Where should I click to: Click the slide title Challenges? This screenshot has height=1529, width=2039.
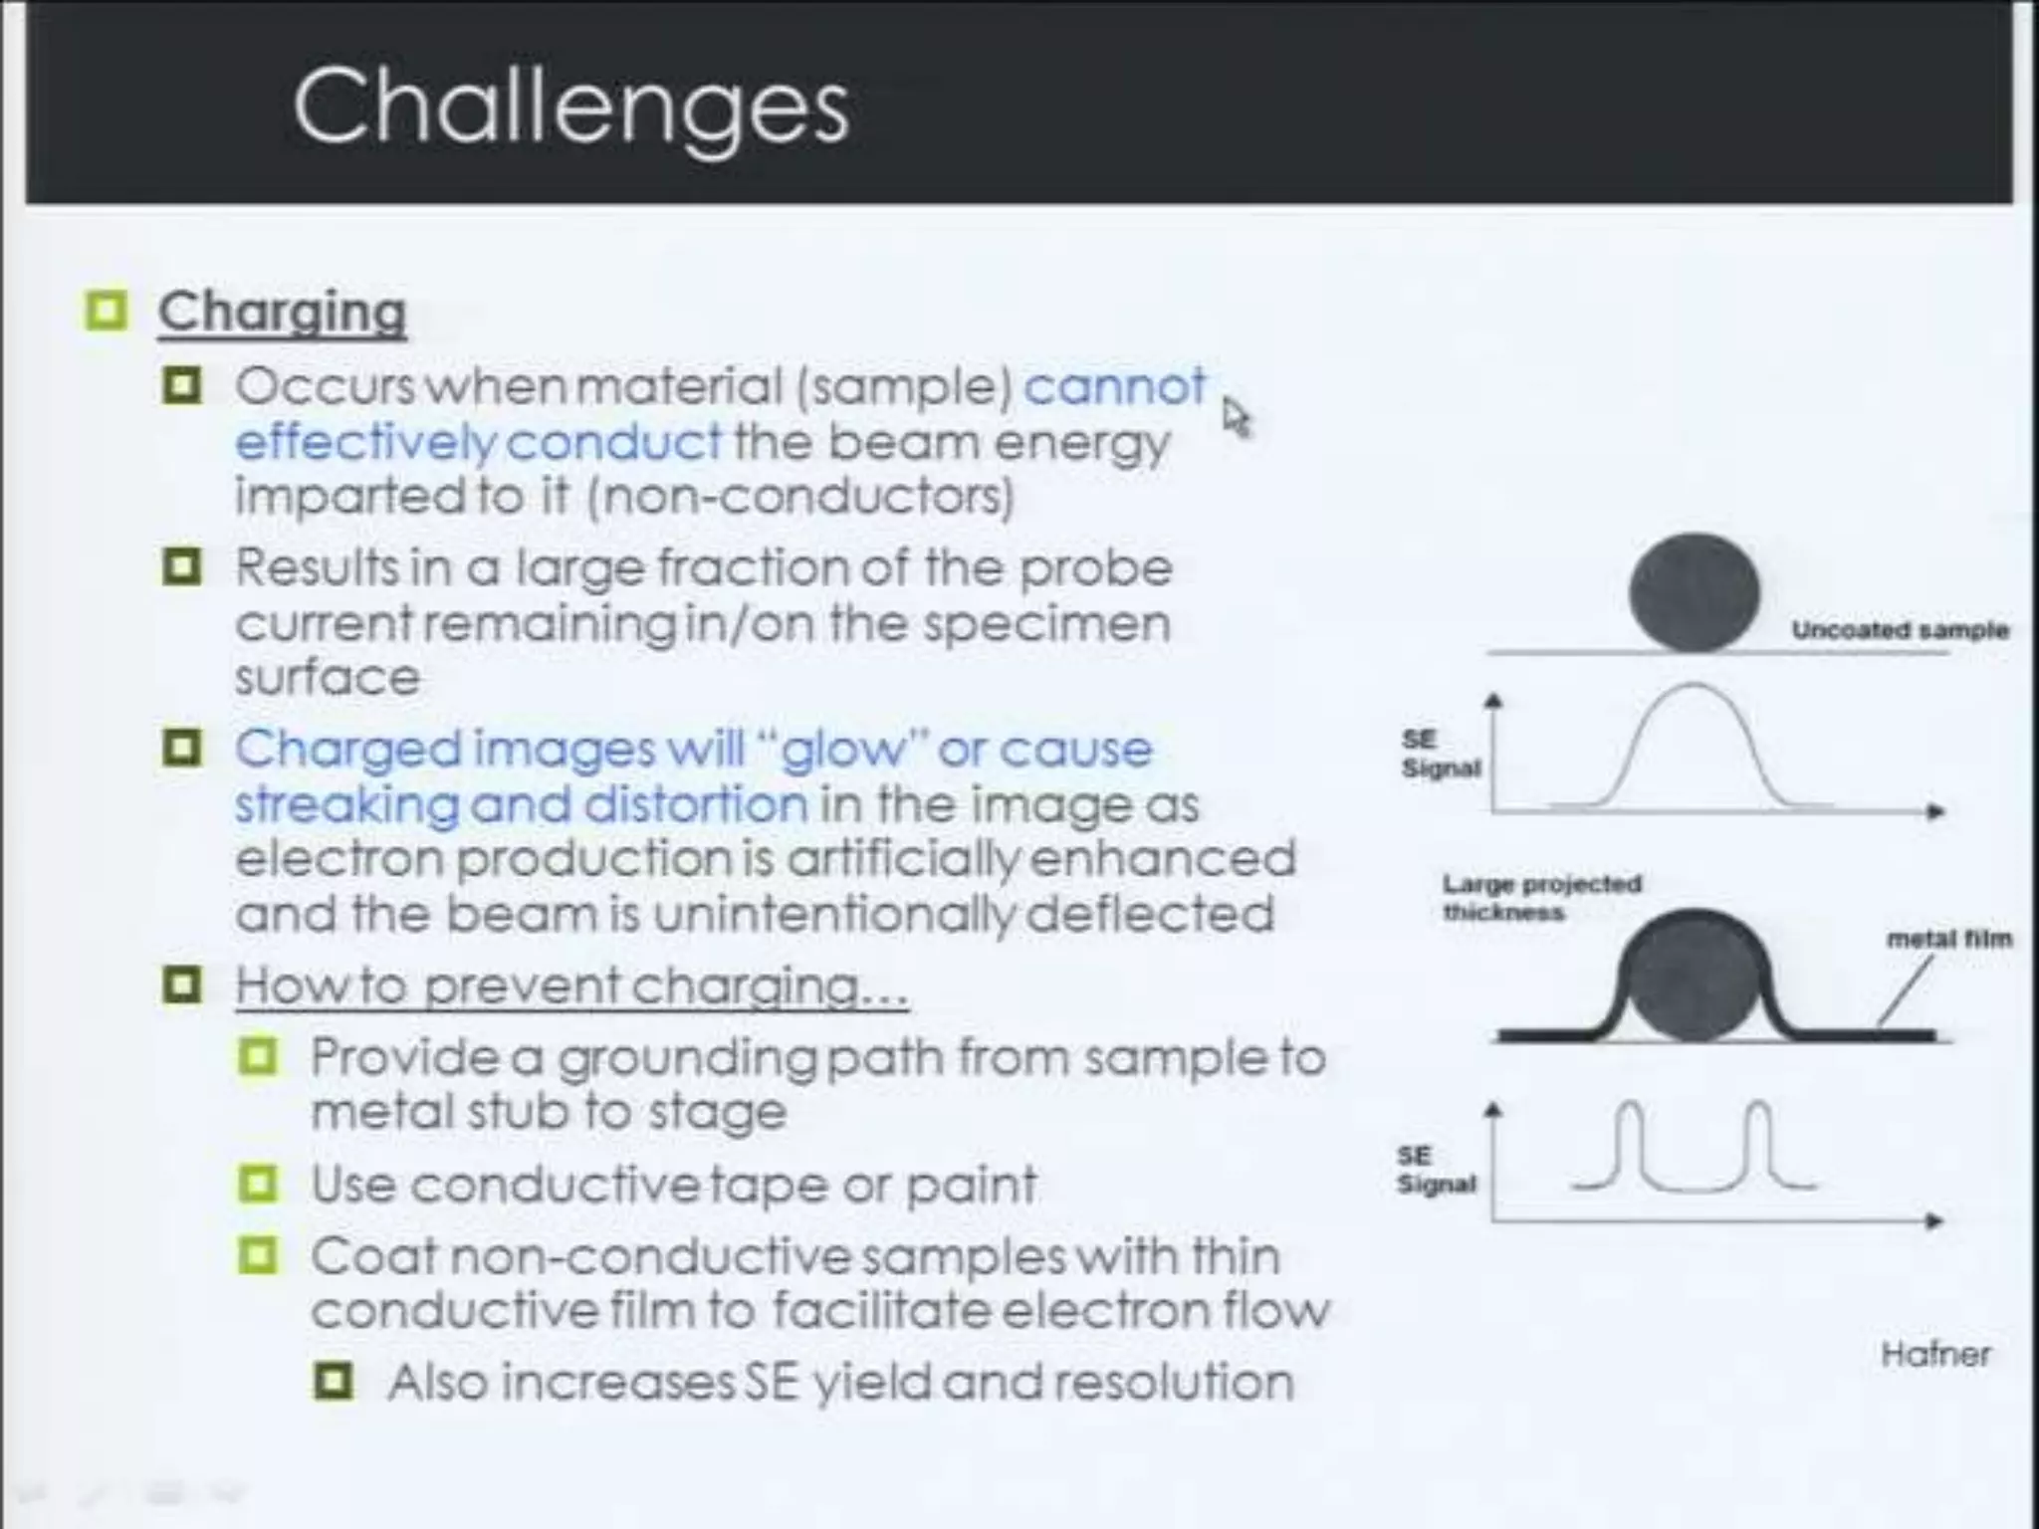point(569,108)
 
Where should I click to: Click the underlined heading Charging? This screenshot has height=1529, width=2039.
point(282,313)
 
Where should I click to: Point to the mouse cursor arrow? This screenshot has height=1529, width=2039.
point(1235,415)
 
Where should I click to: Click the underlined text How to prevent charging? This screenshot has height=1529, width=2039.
point(570,986)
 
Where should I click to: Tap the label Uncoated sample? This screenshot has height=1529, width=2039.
point(1899,630)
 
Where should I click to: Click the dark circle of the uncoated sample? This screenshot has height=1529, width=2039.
point(1694,593)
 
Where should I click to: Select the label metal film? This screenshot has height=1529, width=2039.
point(1948,939)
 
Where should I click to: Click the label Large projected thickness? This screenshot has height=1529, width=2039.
point(1540,897)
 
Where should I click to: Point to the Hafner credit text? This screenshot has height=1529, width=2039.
point(1934,1354)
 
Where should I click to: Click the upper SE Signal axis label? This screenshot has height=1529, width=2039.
point(1440,754)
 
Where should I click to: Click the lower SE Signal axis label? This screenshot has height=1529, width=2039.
point(1435,1170)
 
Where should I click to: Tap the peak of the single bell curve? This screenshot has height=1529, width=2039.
point(1694,686)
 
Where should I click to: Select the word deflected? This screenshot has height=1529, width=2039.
point(1150,914)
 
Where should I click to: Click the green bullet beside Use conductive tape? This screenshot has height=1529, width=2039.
point(258,1185)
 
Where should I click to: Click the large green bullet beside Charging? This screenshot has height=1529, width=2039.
point(107,311)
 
